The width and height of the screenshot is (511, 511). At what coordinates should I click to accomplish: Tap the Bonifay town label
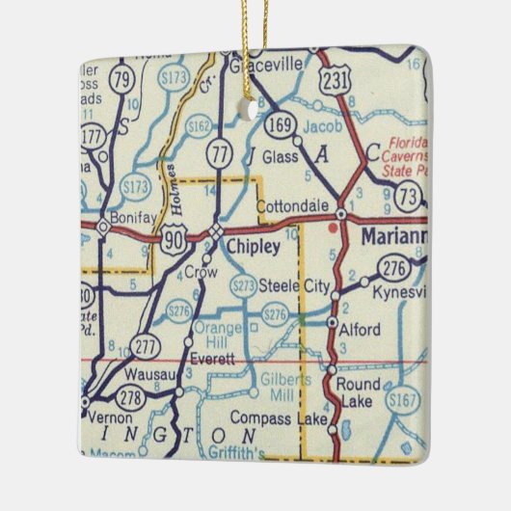click(x=130, y=218)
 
